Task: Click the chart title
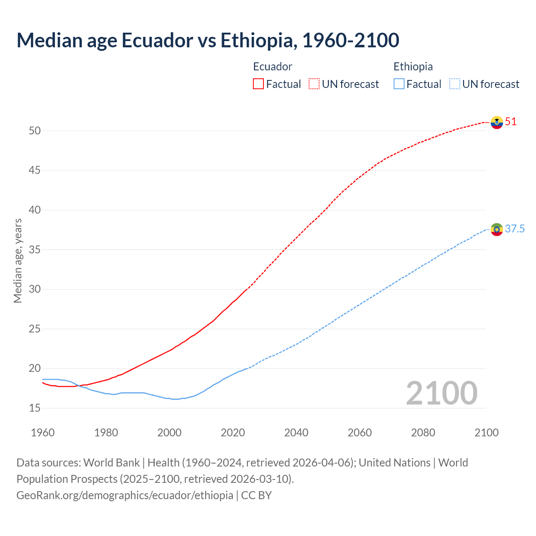(208, 40)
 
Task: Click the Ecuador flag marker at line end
(497, 122)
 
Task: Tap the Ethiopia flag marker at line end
(497, 229)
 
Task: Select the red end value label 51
(511, 122)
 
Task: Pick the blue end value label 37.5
(515, 229)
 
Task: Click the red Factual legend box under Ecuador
(258, 84)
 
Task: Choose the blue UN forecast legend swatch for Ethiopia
(455, 84)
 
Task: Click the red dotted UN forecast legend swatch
(314, 84)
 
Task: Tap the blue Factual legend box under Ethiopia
(399, 84)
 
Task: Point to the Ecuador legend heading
(273, 67)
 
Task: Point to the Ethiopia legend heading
(413, 67)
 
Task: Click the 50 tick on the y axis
(35, 131)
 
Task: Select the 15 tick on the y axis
(35, 408)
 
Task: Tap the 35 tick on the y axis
(35, 250)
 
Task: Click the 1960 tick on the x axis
(43, 433)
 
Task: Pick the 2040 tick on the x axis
(296, 433)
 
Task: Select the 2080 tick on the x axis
(423, 433)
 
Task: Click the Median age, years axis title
(18, 260)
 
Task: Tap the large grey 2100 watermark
(441, 393)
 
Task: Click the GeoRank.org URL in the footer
(125, 495)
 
